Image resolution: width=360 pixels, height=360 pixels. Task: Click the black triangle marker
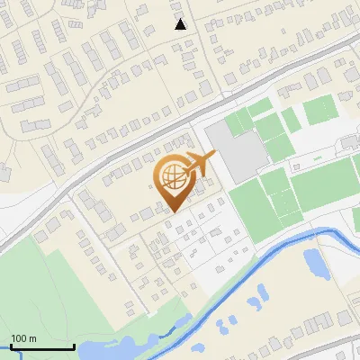point(181,24)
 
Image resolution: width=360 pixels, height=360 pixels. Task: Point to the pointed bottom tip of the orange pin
point(172,211)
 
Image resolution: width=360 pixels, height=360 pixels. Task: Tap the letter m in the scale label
point(32,338)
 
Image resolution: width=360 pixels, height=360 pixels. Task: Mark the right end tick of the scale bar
point(73,346)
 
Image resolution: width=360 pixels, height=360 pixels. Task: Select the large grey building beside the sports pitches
point(237,150)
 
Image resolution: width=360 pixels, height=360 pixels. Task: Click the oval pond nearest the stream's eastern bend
point(315,263)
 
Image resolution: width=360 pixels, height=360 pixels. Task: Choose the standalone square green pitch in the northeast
point(319,112)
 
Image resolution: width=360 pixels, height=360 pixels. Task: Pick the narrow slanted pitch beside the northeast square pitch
point(291,119)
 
